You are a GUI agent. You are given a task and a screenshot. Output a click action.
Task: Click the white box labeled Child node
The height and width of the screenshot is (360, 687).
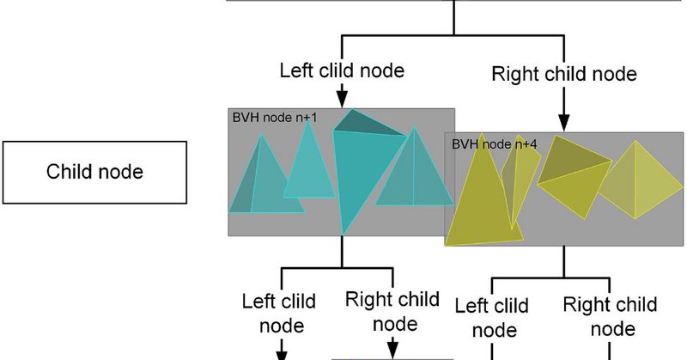click(94, 172)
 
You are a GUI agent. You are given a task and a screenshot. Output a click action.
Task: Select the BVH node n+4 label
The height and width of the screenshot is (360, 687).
click(494, 143)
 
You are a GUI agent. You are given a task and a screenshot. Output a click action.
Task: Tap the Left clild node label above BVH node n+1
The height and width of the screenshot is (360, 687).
click(342, 70)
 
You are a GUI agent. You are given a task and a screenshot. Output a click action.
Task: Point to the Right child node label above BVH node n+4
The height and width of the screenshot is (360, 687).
click(564, 74)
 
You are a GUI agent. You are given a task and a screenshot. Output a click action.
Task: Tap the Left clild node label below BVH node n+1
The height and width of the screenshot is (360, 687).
click(279, 314)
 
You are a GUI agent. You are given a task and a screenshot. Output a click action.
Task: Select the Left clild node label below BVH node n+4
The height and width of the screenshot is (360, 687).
click(492, 318)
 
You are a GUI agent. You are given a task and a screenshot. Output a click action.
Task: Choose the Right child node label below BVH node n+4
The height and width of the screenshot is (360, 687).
click(611, 316)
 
